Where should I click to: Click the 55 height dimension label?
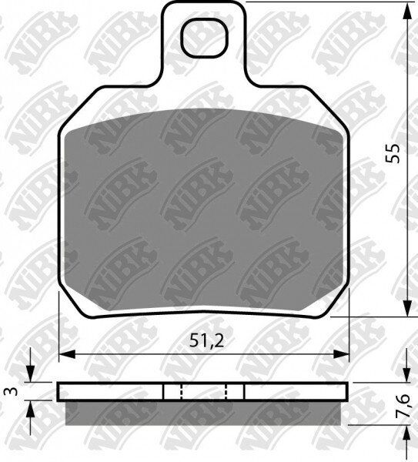pyautogui.click(x=393, y=153)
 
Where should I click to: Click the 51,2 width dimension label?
pyautogui.click(x=207, y=341)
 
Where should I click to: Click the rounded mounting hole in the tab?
pyautogui.click(x=205, y=38)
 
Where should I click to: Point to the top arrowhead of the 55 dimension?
pyautogui.click(x=407, y=11)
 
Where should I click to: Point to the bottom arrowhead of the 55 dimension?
pyautogui.click(x=407, y=309)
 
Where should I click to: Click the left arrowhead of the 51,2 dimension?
pyautogui.click(x=68, y=354)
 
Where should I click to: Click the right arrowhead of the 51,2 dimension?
pyautogui.click(x=341, y=354)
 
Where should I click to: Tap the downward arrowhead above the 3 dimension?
pyautogui.click(x=30, y=374)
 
